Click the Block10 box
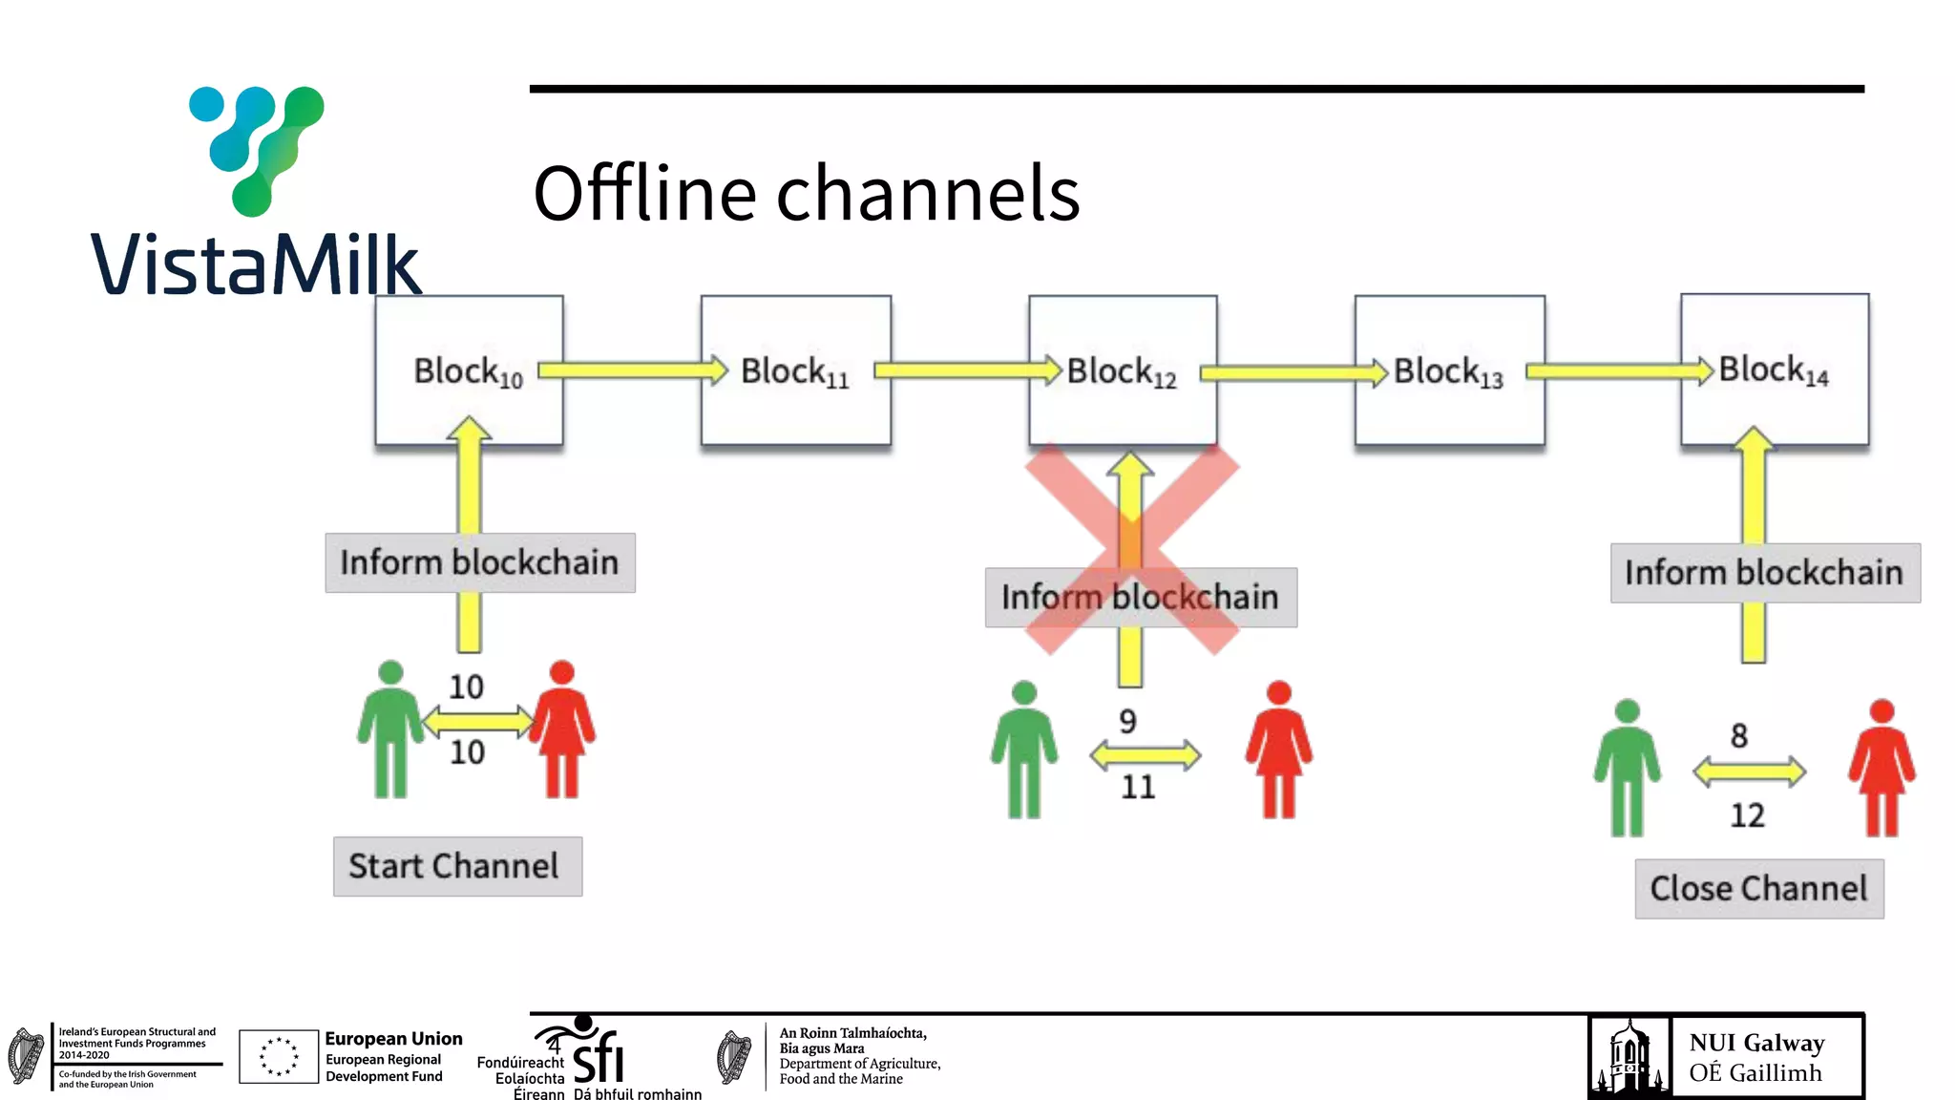click(469, 370)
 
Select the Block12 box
click(1123, 370)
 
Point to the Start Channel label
click(457, 866)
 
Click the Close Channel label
click(1758, 889)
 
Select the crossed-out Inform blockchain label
click(1140, 598)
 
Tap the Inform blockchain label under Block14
click(1764, 573)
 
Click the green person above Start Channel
click(390, 730)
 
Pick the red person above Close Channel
click(1881, 768)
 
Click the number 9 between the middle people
click(1128, 721)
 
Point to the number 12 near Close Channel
click(1747, 815)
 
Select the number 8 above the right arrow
click(1739, 735)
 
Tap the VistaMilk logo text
click(255, 264)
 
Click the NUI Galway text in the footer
click(1755, 1043)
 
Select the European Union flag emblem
click(278, 1056)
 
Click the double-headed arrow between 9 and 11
click(1145, 755)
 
